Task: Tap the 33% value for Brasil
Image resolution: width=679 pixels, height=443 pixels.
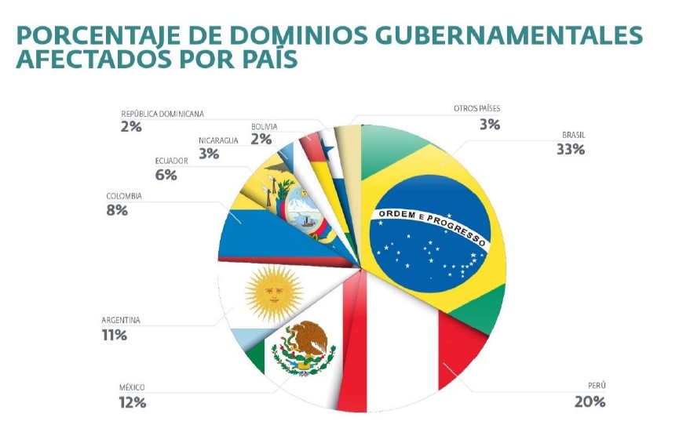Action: (570, 149)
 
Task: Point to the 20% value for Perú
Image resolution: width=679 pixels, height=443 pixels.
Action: (590, 401)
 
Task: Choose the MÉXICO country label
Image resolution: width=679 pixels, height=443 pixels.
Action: (132, 388)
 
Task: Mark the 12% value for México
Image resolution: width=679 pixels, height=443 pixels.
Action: (133, 402)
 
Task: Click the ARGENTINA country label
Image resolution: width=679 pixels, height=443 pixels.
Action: (121, 321)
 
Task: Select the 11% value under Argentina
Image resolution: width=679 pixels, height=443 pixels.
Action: (115, 336)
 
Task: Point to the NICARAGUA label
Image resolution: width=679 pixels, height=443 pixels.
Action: (218, 140)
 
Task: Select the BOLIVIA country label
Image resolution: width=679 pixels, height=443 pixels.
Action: (264, 126)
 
